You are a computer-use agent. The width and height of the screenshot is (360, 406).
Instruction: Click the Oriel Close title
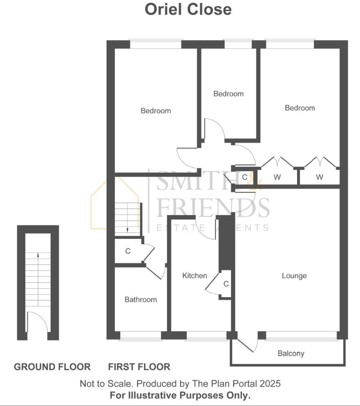click(x=188, y=9)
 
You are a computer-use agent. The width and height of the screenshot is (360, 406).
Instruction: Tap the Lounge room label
click(x=294, y=276)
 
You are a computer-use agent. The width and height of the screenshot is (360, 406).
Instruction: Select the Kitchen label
click(x=195, y=276)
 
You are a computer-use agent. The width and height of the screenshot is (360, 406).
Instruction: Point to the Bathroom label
click(x=141, y=299)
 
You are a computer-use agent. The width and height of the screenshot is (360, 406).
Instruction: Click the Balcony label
click(x=291, y=354)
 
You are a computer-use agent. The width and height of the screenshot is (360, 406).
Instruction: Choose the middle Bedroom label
click(x=229, y=94)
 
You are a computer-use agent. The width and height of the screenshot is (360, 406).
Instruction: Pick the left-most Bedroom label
click(x=156, y=111)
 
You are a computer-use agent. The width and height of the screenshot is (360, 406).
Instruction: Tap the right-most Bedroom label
click(x=300, y=108)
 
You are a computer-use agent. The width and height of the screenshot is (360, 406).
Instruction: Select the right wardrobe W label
click(x=319, y=177)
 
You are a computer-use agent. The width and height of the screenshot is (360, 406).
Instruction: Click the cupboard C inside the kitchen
click(x=226, y=284)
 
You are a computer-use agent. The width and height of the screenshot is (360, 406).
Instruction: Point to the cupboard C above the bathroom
click(x=128, y=251)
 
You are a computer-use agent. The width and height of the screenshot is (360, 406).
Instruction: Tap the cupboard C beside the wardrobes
click(x=244, y=177)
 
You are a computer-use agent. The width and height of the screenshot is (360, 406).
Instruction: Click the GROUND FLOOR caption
click(x=52, y=367)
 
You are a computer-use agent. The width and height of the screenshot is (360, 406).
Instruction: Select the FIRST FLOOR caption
click(x=139, y=367)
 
